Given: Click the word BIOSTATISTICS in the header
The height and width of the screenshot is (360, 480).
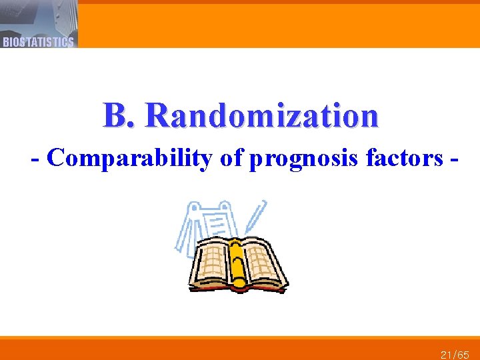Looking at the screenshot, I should click(x=38, y=42).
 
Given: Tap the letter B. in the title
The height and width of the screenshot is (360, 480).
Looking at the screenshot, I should click(x=119, y=115).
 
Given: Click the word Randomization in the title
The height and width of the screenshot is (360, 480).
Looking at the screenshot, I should click(x=262, y=115).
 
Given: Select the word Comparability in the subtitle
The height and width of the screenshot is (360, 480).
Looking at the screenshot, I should click(x=129, y=159).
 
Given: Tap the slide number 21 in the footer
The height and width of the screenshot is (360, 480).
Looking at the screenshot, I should click(x=447, y=355).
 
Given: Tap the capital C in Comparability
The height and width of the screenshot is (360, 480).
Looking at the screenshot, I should click(x=56, y=159).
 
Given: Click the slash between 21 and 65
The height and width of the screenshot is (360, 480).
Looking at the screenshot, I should click(x=455, y=355).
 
